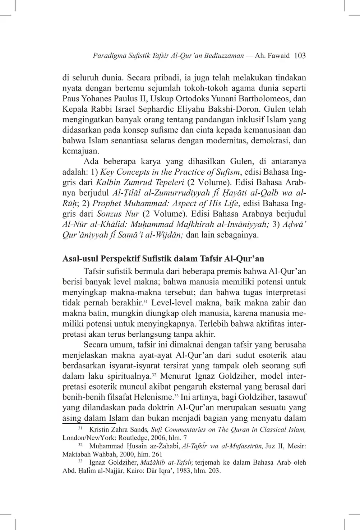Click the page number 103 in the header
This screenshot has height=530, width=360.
(x=300, y=56)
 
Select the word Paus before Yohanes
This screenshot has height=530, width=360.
(x=70, y=98)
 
